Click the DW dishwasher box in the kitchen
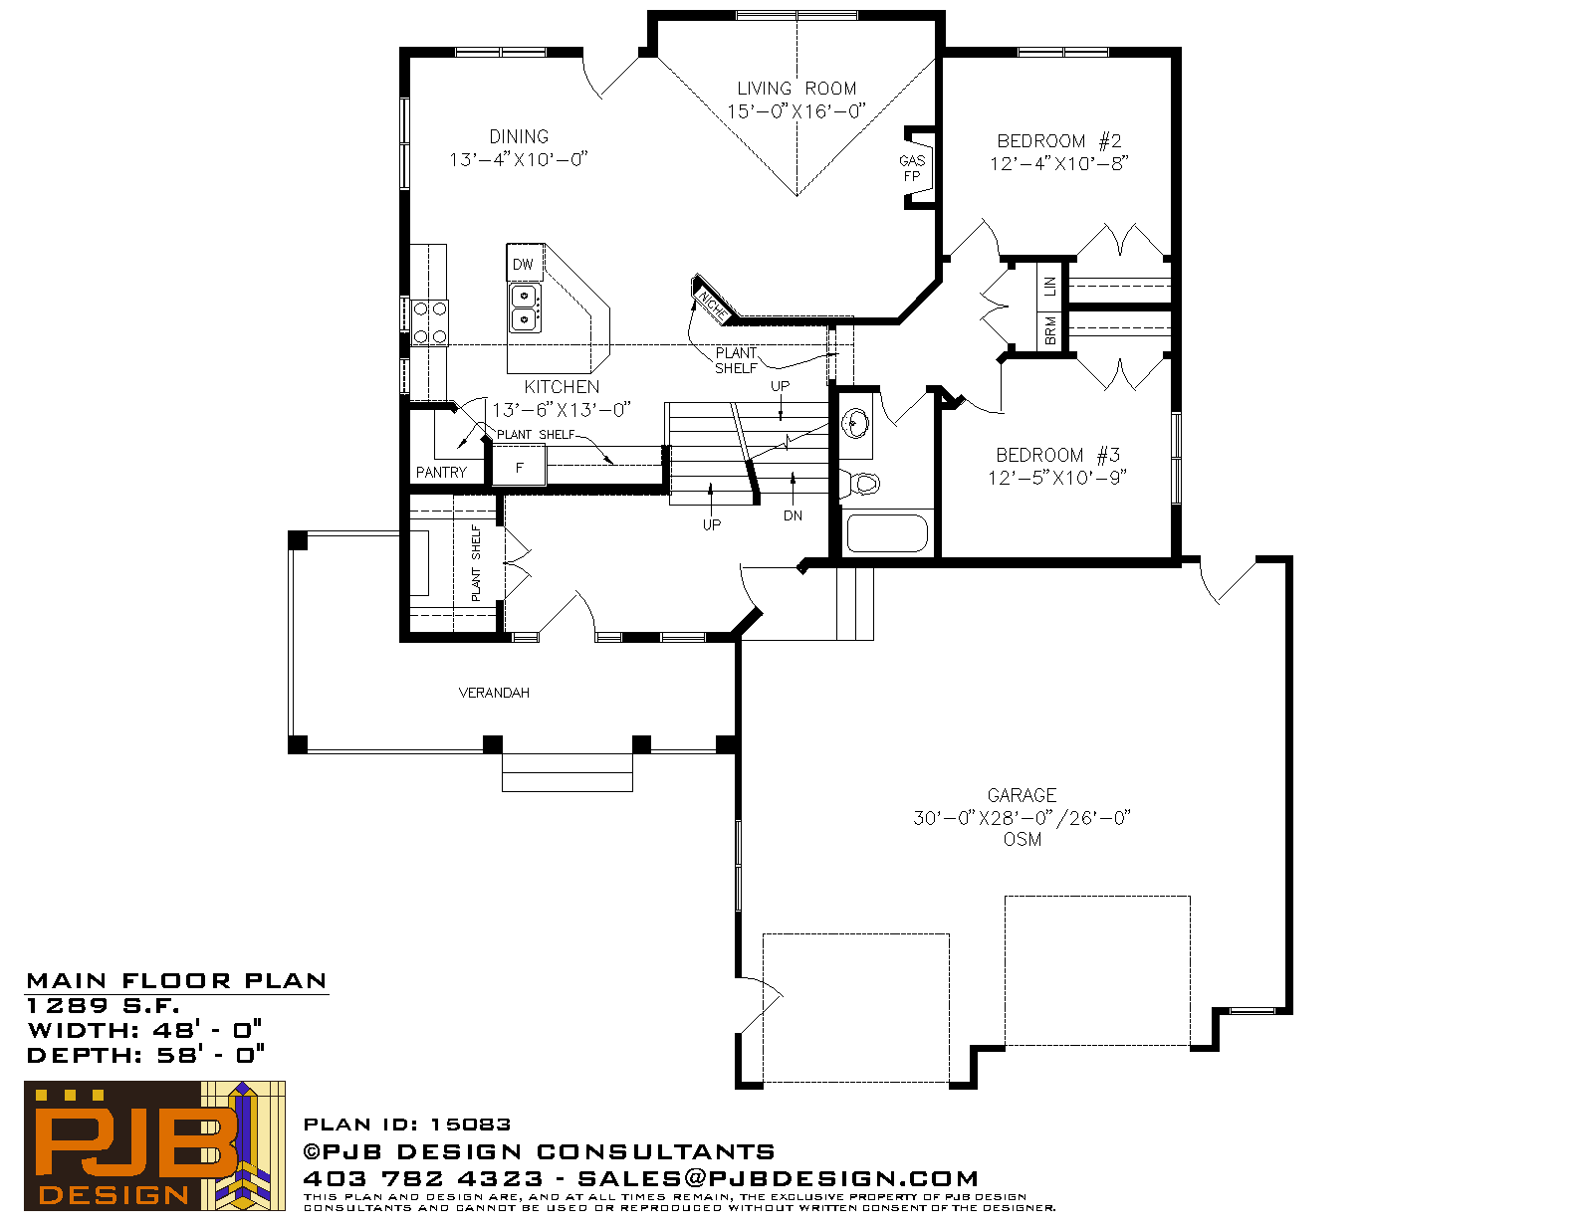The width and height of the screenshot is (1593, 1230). click(x=524, y=263)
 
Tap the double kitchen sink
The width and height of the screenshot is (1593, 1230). click(x=524, y=307)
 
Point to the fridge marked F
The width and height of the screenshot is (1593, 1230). click(x=519, y=466)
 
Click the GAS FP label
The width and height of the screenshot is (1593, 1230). click(x=912, y=168)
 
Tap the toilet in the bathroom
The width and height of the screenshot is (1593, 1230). click(x=860, y=483)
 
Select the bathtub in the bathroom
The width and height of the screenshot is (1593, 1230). click(x=887, y=532)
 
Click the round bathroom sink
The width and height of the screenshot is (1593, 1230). click(x=855, y=423)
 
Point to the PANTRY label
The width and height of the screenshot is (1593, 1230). click(x=441, y=473)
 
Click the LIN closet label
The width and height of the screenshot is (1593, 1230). click(x=1049, y=286)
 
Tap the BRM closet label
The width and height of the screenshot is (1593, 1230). click(x=1050, y=330)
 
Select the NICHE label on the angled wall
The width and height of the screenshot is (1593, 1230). click(x=712, y=305)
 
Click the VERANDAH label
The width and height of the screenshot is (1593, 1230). click(x=494, y=693)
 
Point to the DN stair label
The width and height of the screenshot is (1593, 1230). click(x=793, y=515)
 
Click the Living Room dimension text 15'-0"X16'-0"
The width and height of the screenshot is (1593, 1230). click(x=796, y=111)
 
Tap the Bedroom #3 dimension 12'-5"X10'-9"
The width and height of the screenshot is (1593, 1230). click(x=1057, y=478)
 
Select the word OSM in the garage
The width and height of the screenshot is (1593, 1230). click(x=1023, y=840)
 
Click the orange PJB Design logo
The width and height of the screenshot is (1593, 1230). click(x=154, y=1146)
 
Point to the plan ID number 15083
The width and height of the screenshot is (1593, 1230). click(x=470, y=1125)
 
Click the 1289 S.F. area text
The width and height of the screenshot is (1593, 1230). click(x=103, y=1005)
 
